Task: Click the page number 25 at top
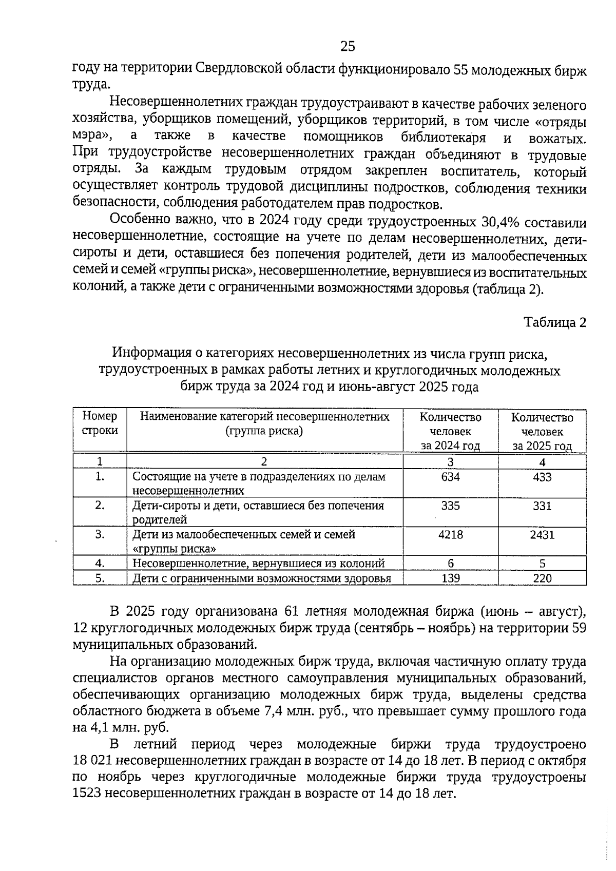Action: (348, 47)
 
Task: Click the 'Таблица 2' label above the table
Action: (554, 322)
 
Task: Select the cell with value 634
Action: (450, 477)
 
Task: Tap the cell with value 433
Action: (542, 477)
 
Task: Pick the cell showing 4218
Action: (450, 535)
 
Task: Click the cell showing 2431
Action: (542, 535)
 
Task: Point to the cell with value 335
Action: (450, 506)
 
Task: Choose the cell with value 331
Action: (542, 506)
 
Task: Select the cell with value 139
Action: (450, 578)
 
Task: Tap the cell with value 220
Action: (542, 578)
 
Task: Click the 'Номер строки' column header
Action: (100, 423)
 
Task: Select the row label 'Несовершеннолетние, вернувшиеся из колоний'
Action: (259, 564)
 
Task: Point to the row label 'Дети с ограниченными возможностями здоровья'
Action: (262, 578)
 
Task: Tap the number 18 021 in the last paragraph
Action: (93, 761)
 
